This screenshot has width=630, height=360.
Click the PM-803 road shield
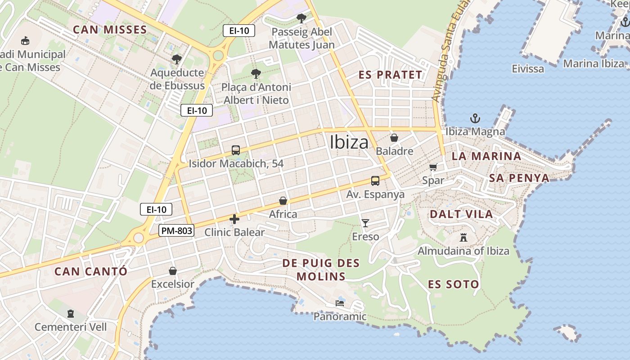click(x=176, y=231)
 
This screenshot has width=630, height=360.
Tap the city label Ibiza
click(x=349, y=142)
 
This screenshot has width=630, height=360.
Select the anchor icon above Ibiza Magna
click(x=475, y=119)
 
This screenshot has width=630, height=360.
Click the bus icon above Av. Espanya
click(x=375, y=181)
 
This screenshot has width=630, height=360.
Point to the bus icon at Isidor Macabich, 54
click(x=235, y=150)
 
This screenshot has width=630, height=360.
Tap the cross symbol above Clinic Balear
click(x=234, y=219)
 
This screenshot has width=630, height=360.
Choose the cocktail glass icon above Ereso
click(x=365, y=223)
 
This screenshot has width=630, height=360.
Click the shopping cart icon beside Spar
click(x=433, y=167)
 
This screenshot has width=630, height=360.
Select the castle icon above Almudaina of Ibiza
click(x=463, y=238)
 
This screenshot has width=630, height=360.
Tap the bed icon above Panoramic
click(x=340, y=303)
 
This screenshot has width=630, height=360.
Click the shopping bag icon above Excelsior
click(x=172, y=271)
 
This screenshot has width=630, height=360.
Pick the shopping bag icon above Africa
click(x=283, y=201)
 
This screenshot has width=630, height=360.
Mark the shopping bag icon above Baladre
click(x=394, y=138)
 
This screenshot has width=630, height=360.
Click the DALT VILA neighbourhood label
click(x=461, y=214)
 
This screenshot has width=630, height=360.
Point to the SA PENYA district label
click(x=519, y=178)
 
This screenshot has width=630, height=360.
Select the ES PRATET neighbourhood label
click(x=390, y=75)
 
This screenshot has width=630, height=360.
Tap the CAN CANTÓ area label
click(x=91, y=271)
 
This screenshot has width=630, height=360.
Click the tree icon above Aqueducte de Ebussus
click(x=176, y=59)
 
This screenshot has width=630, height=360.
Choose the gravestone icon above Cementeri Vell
click(x=70, y=313)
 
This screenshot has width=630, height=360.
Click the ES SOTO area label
click(x=453, y=284)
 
